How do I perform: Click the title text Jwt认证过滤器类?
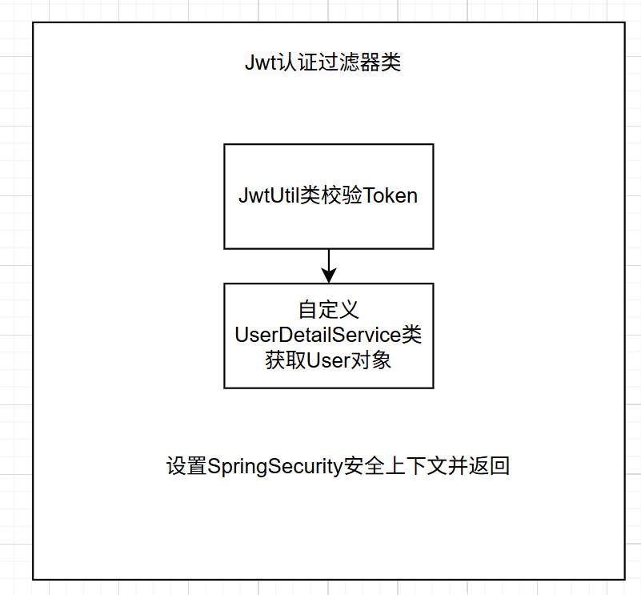click(323, 63)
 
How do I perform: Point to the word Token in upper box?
click(391, 196)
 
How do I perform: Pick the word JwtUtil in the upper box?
click(268, 196)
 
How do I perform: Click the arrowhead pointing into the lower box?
click(328, 275)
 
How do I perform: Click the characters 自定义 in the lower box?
click(328, 310)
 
